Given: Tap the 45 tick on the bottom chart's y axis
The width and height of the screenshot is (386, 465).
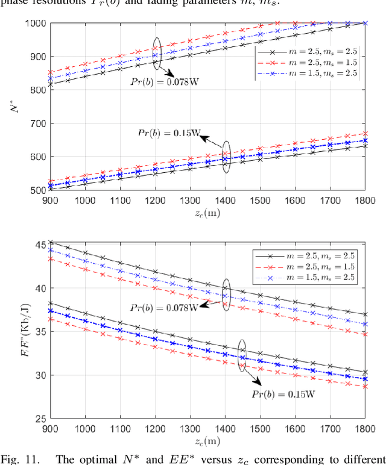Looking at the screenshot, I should tap(42, 245).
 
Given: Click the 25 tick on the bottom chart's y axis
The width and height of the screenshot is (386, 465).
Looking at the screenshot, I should tap(42, 419).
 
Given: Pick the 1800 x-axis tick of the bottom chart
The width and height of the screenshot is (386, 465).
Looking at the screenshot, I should tap(365, 428).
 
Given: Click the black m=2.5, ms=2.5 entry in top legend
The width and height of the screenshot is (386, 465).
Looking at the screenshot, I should tap(308, 51).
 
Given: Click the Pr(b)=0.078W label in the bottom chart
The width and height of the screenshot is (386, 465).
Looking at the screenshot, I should tap(164, 307).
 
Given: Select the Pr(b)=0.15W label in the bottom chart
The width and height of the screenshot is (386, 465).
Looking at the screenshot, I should tap(282, 395).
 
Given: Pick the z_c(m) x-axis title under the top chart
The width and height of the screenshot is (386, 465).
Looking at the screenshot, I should tap(208, 214).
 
